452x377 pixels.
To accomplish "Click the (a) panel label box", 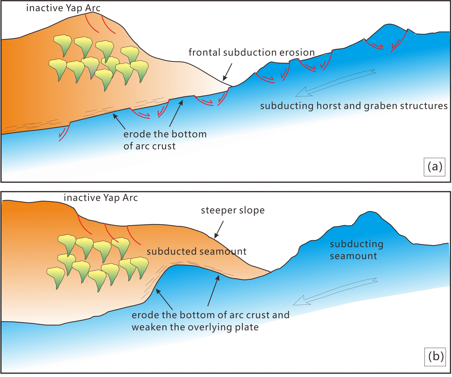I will click(x=435, y=167).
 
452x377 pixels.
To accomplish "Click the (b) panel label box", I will click(x=435, y=357).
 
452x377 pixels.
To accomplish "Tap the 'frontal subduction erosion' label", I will click(x=252, y=52).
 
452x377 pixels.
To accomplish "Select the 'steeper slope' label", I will click(x=233, y=210).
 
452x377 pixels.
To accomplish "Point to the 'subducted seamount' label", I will click(x=196, y=251).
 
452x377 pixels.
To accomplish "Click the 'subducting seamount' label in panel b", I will click(x=356, y=250).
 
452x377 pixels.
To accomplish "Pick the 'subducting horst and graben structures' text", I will click(x=354, y=106).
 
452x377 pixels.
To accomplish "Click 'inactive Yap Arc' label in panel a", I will click(x=63, y=8).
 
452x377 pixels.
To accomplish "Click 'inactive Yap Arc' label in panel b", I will click(x=101, y=198).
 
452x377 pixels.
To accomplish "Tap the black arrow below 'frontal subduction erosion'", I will click(x=227, y=72).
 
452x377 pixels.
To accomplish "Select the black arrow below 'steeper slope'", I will click(x=219, y=229).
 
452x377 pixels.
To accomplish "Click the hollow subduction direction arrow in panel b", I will click(x=335, y=292).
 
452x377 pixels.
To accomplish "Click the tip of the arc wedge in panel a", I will click(x=232, y=86).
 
